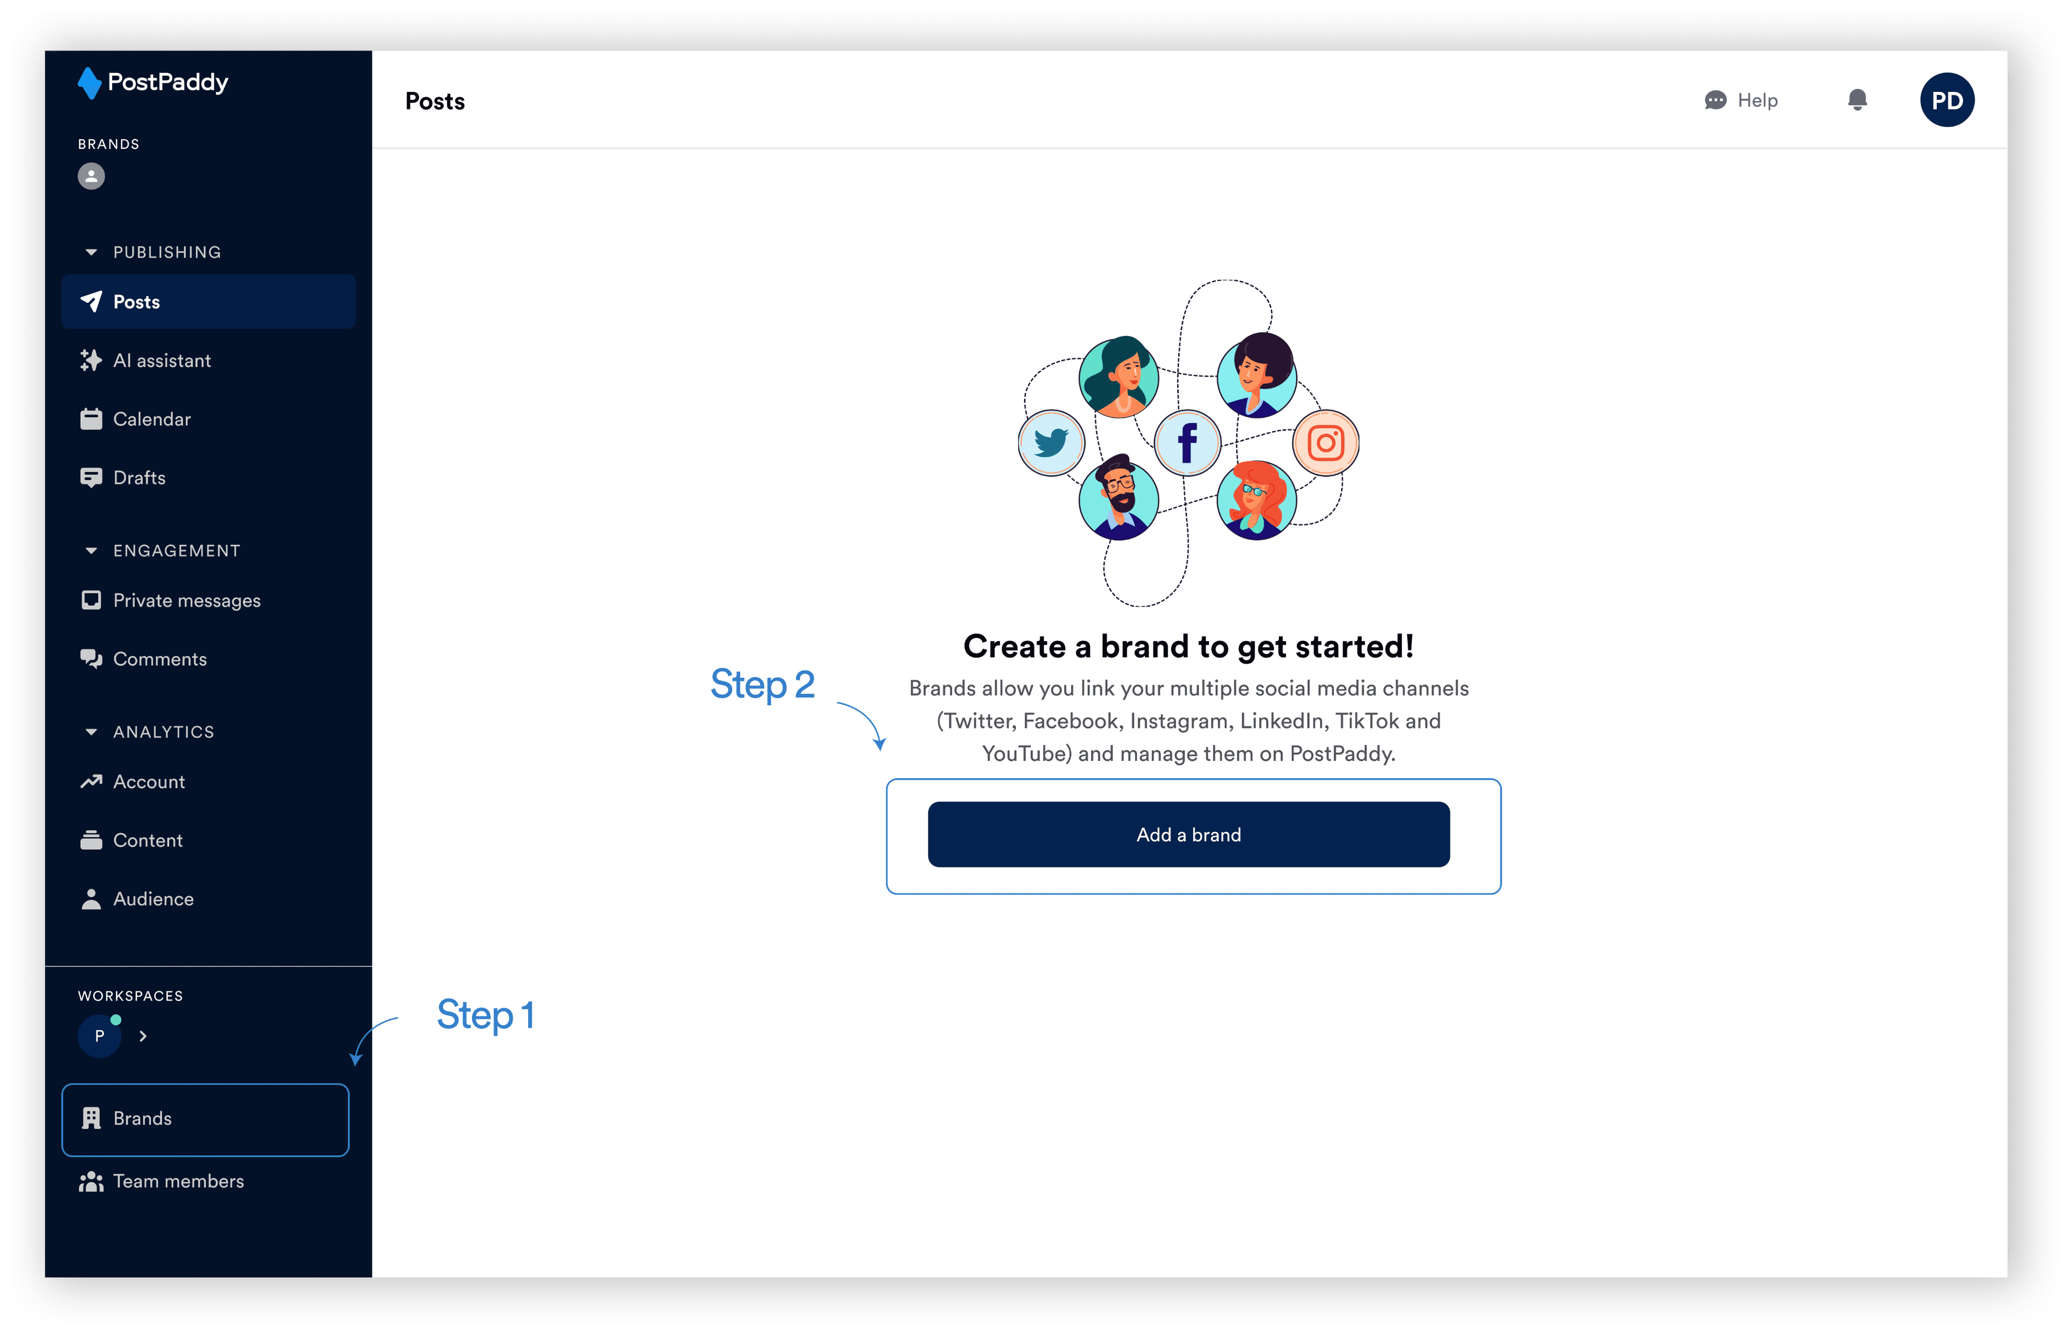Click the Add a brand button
[x=1188, y=835]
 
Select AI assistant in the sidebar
[x=162, y=361]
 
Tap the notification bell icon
[x=1857, y=100]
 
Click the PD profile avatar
[x=1947, y=100]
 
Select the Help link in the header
[x=1741, y=100]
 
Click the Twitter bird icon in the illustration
[x=1051, y=443]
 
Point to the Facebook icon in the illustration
[x=1187, y=443]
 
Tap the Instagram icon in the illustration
[x=1325, y=443]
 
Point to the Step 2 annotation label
[x=762, y=684]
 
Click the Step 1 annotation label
[x=485, y=1014]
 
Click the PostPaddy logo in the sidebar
[x=153, y=83]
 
